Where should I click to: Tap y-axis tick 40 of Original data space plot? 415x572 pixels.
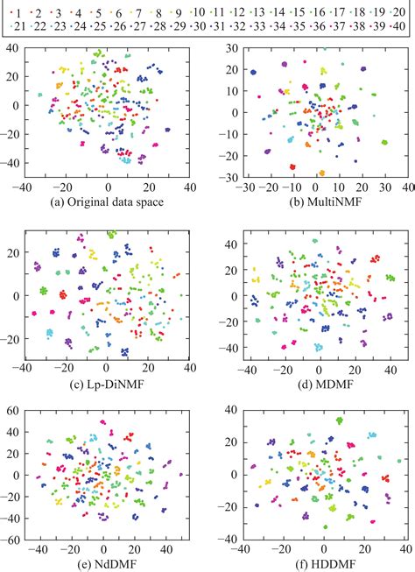pos(14,49)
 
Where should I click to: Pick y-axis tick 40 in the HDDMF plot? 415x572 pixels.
pos(223,411)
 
